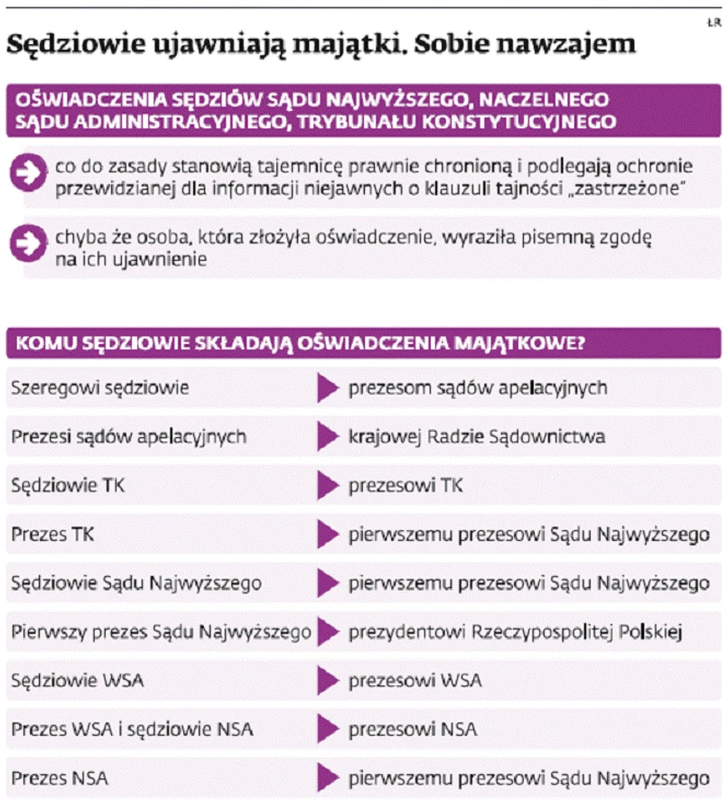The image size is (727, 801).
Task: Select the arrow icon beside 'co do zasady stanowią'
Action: click(x=27, y=174)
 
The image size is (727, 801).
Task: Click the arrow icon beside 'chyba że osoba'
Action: click(x=27, y=242)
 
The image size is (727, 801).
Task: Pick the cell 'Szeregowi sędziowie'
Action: click(x=100, y=388)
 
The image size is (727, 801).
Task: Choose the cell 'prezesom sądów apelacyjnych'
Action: click(x=478, y=388)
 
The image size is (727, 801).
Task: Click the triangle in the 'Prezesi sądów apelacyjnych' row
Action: click(x=328, y=437)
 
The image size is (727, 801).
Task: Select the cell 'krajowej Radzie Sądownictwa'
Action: click(x=477, y=437)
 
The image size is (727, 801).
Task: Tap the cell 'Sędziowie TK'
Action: click(x=69, y=486)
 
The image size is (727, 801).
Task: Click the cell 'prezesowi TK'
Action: click(x=406, y=486)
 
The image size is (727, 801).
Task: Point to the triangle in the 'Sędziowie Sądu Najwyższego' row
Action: click(x=328, y=583)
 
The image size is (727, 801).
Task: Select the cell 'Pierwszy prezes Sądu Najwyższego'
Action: click(x=162, y=631)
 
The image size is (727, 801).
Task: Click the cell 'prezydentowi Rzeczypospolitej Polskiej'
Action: click(x=515, y=631)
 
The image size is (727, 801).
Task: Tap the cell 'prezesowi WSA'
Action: click(x=415, y=680)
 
